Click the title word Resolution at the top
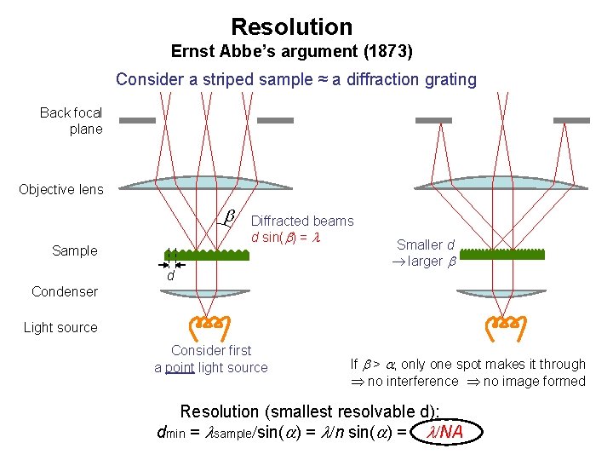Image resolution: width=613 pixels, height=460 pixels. pyautogui.click(x=291, y=27)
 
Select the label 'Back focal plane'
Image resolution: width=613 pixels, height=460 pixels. pyautogui.click(x=72, y=121)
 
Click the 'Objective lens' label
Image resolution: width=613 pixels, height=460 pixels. pyautogui.click(x=61, y=189)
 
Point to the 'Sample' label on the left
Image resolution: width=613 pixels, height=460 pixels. pyautogui.click(x=75, y=250)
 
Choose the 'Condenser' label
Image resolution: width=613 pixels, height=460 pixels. pyautogui.click(x=65, y=291)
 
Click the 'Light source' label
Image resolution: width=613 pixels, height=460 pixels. pyautogui.click(x=60, y=327)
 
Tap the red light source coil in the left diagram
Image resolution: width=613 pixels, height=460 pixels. pyautogui.click(x=205, y=324)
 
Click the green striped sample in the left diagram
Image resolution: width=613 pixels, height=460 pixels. pyautogui.click(x=206, y=255)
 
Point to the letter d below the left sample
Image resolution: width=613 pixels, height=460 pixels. pyautogui.click(x=170, y=276)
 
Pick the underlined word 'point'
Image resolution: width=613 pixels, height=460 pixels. pyautogui.click(x=180, y=368)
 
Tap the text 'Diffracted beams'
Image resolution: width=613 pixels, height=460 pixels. pyautogui.click(x=302, y=221)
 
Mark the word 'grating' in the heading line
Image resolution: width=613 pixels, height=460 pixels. pyautogui.click(x=449, y=79)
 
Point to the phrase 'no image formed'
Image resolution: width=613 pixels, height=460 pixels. pyautogui.click(x=535, y=381)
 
